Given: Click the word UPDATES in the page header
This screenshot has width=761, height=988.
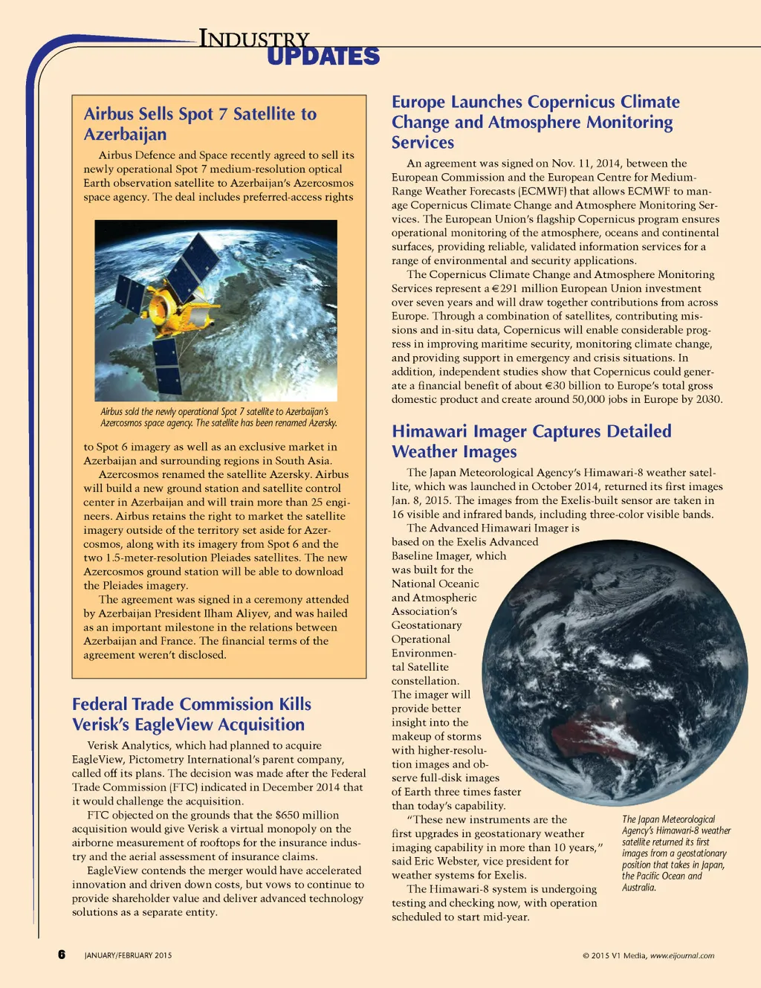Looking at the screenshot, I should (323, 57).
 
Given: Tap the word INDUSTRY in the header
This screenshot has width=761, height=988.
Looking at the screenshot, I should (253, 39).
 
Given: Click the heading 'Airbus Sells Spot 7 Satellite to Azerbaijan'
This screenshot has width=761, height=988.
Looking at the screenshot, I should (200, 123).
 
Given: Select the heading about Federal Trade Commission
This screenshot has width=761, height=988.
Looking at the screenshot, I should (191, 714).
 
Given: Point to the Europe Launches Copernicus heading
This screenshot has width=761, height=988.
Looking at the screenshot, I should (535, 122).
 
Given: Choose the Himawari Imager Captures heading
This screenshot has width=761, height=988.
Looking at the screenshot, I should (531, 441).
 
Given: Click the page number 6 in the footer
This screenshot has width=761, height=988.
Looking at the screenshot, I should (62, 955).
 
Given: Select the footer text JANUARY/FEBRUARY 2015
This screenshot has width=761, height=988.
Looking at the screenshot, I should (128, 955).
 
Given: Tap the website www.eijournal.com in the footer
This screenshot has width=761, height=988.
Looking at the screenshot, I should (682, 956).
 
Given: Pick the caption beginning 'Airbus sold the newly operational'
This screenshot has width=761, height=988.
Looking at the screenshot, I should (218, 417).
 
